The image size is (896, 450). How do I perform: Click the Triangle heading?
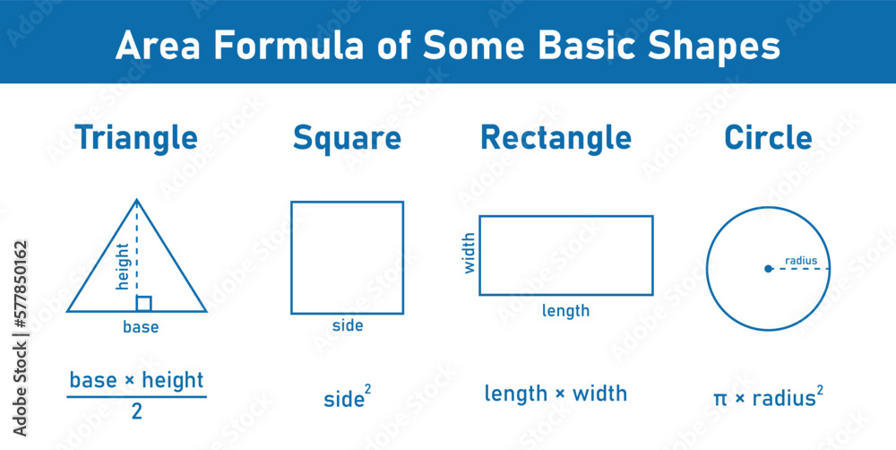tap(136, 138)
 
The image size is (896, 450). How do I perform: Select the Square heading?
tap(347, 138)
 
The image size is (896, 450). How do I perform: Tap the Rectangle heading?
tap(556, 138)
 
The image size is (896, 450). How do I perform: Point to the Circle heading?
tap(768, 138)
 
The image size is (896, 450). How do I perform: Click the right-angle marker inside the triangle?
tap(143, 304)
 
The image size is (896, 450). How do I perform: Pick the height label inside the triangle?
tap(124, 266)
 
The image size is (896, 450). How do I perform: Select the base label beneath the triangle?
tap(141, 327)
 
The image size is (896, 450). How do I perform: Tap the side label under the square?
tap(348, 325)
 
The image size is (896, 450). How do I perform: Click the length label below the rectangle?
tap(566, 311)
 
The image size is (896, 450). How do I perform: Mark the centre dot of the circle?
tap(768, 268)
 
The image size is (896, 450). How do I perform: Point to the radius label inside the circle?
tap(801, 261)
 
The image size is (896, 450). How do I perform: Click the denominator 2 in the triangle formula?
tap(137, 412)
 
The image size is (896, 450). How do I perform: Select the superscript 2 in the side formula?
tap(367, 389)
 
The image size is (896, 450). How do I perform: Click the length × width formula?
tap(556, 394)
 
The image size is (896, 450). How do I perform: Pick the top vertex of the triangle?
tap(136, 200)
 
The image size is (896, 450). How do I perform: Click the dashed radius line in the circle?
tap(800, 269)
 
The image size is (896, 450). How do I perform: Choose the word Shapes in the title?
tap(719, 46)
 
